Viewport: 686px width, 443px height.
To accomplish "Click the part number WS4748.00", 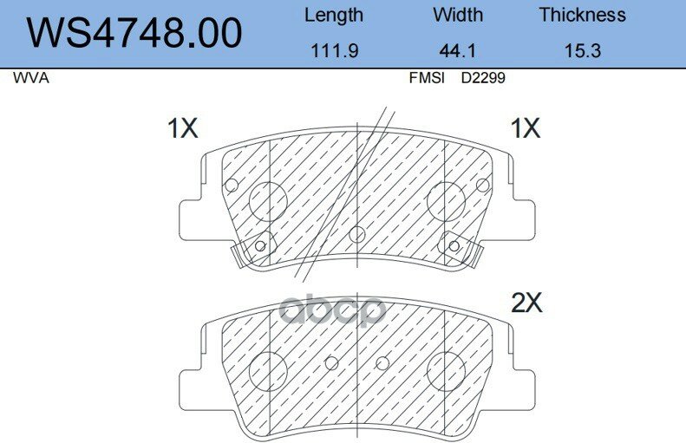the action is (134, 33).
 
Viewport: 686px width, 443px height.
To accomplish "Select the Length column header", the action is (334, 16).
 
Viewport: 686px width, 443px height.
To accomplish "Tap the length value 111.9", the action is (334, 51).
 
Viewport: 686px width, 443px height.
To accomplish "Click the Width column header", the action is (458, 15).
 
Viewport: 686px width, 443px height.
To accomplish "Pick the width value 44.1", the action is (457, 51).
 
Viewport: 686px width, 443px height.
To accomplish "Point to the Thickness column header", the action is (582, 15).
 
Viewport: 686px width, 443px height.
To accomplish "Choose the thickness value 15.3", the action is (582, 51).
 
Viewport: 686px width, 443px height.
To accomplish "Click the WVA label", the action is (31, 78).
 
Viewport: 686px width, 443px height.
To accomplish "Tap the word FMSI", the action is (427, 78).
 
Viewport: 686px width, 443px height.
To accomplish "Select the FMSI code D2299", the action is (483, 78).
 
